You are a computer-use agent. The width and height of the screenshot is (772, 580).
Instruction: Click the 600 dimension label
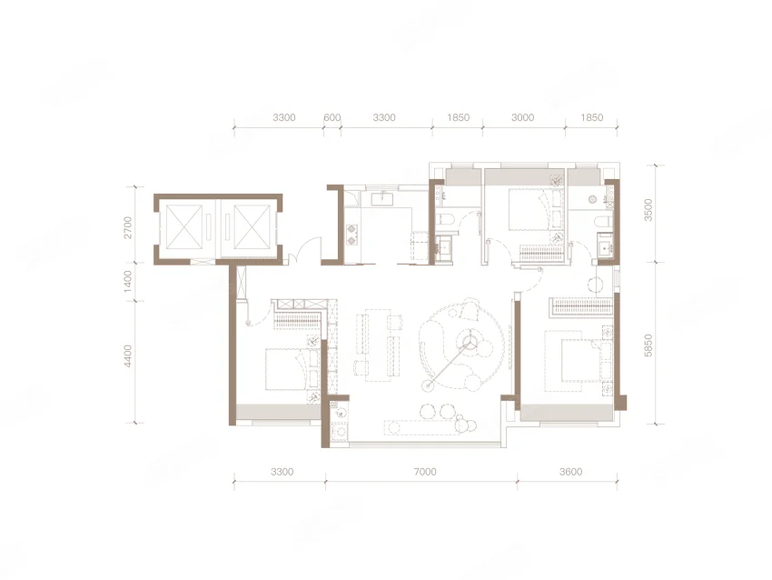[332, 118]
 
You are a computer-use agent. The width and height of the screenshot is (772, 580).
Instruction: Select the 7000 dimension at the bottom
[425, 472]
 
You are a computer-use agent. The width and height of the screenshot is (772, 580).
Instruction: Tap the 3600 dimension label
[570, 472]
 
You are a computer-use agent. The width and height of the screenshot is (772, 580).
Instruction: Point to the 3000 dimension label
[523, 118]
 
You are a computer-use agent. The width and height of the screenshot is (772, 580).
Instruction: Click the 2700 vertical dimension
[128, 227]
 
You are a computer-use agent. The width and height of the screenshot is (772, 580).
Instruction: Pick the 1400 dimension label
[128, 282]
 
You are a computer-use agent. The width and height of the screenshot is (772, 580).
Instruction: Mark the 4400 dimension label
[128, 355]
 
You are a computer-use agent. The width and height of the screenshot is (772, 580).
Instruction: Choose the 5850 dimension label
[648, 345]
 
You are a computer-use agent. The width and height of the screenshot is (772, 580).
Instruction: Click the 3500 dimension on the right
[648, 210]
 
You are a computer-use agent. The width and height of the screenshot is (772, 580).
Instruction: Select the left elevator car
[184, 227]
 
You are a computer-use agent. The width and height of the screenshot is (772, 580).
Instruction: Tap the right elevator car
[252, 227]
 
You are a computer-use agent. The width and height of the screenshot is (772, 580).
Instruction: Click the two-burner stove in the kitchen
[352, 234]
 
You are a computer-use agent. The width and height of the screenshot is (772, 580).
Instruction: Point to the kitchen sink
[381, 198]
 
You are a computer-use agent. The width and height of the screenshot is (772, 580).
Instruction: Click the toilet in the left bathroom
[444, 220]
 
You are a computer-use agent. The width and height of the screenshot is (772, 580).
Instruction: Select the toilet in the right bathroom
[601, 221]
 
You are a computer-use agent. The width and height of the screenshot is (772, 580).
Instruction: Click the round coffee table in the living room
[470, 341]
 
